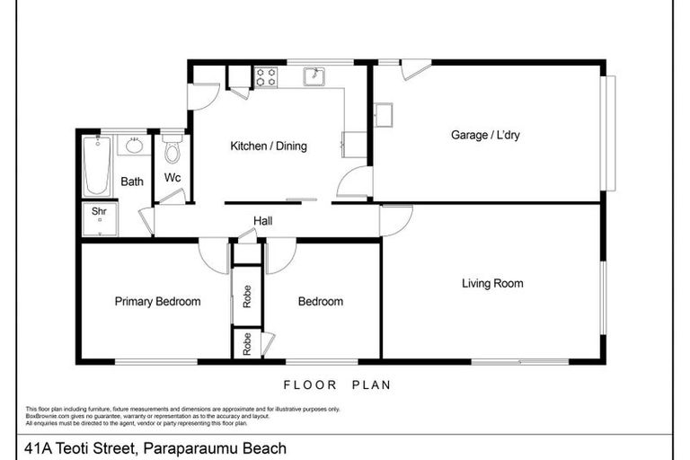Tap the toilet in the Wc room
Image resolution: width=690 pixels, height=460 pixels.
coord(172,151)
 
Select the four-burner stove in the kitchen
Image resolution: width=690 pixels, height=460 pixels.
coord(266,77)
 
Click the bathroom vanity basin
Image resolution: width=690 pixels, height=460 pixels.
coord(134,146)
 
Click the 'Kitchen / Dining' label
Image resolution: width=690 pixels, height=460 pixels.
coord(269,146)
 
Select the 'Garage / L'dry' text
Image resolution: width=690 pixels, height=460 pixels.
coord(485,136)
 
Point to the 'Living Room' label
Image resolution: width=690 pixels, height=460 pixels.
coord(492,284)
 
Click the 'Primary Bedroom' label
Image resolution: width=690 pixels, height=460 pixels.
coord(157,302)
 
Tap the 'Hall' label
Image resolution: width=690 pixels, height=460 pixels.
coord(262,221)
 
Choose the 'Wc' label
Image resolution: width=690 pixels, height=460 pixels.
coord(172,178)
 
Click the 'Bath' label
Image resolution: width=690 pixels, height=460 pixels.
coord(132,181)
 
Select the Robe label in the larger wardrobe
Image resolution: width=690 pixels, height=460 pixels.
coord(247,296)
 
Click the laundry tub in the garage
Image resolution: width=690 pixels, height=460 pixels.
coord(384,115)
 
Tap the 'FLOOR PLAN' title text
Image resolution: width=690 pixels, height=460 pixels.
coord(337,385)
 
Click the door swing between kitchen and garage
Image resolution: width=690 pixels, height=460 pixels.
coord(354,182)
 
